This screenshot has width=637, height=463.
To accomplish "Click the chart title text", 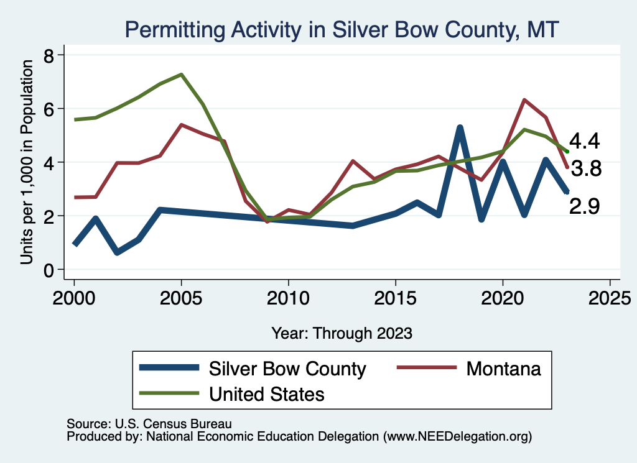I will [343, 29].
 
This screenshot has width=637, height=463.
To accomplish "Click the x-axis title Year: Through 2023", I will [342, 333].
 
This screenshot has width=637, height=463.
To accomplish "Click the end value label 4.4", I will [584, 141].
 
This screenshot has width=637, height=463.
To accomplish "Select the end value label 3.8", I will [585, 168].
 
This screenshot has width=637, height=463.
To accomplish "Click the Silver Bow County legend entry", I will [287, 369].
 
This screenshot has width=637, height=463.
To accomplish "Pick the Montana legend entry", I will [504, 369].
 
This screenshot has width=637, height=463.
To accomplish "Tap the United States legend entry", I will [267, 393].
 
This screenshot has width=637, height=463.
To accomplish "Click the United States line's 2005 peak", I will [181, 75].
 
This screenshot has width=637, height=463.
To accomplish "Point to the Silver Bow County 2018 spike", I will [460, 128].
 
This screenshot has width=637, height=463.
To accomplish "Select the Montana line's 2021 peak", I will [524, 99].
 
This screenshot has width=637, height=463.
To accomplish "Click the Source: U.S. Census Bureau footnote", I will [149, 424].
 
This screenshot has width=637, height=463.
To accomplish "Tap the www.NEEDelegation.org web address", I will [458, 436].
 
